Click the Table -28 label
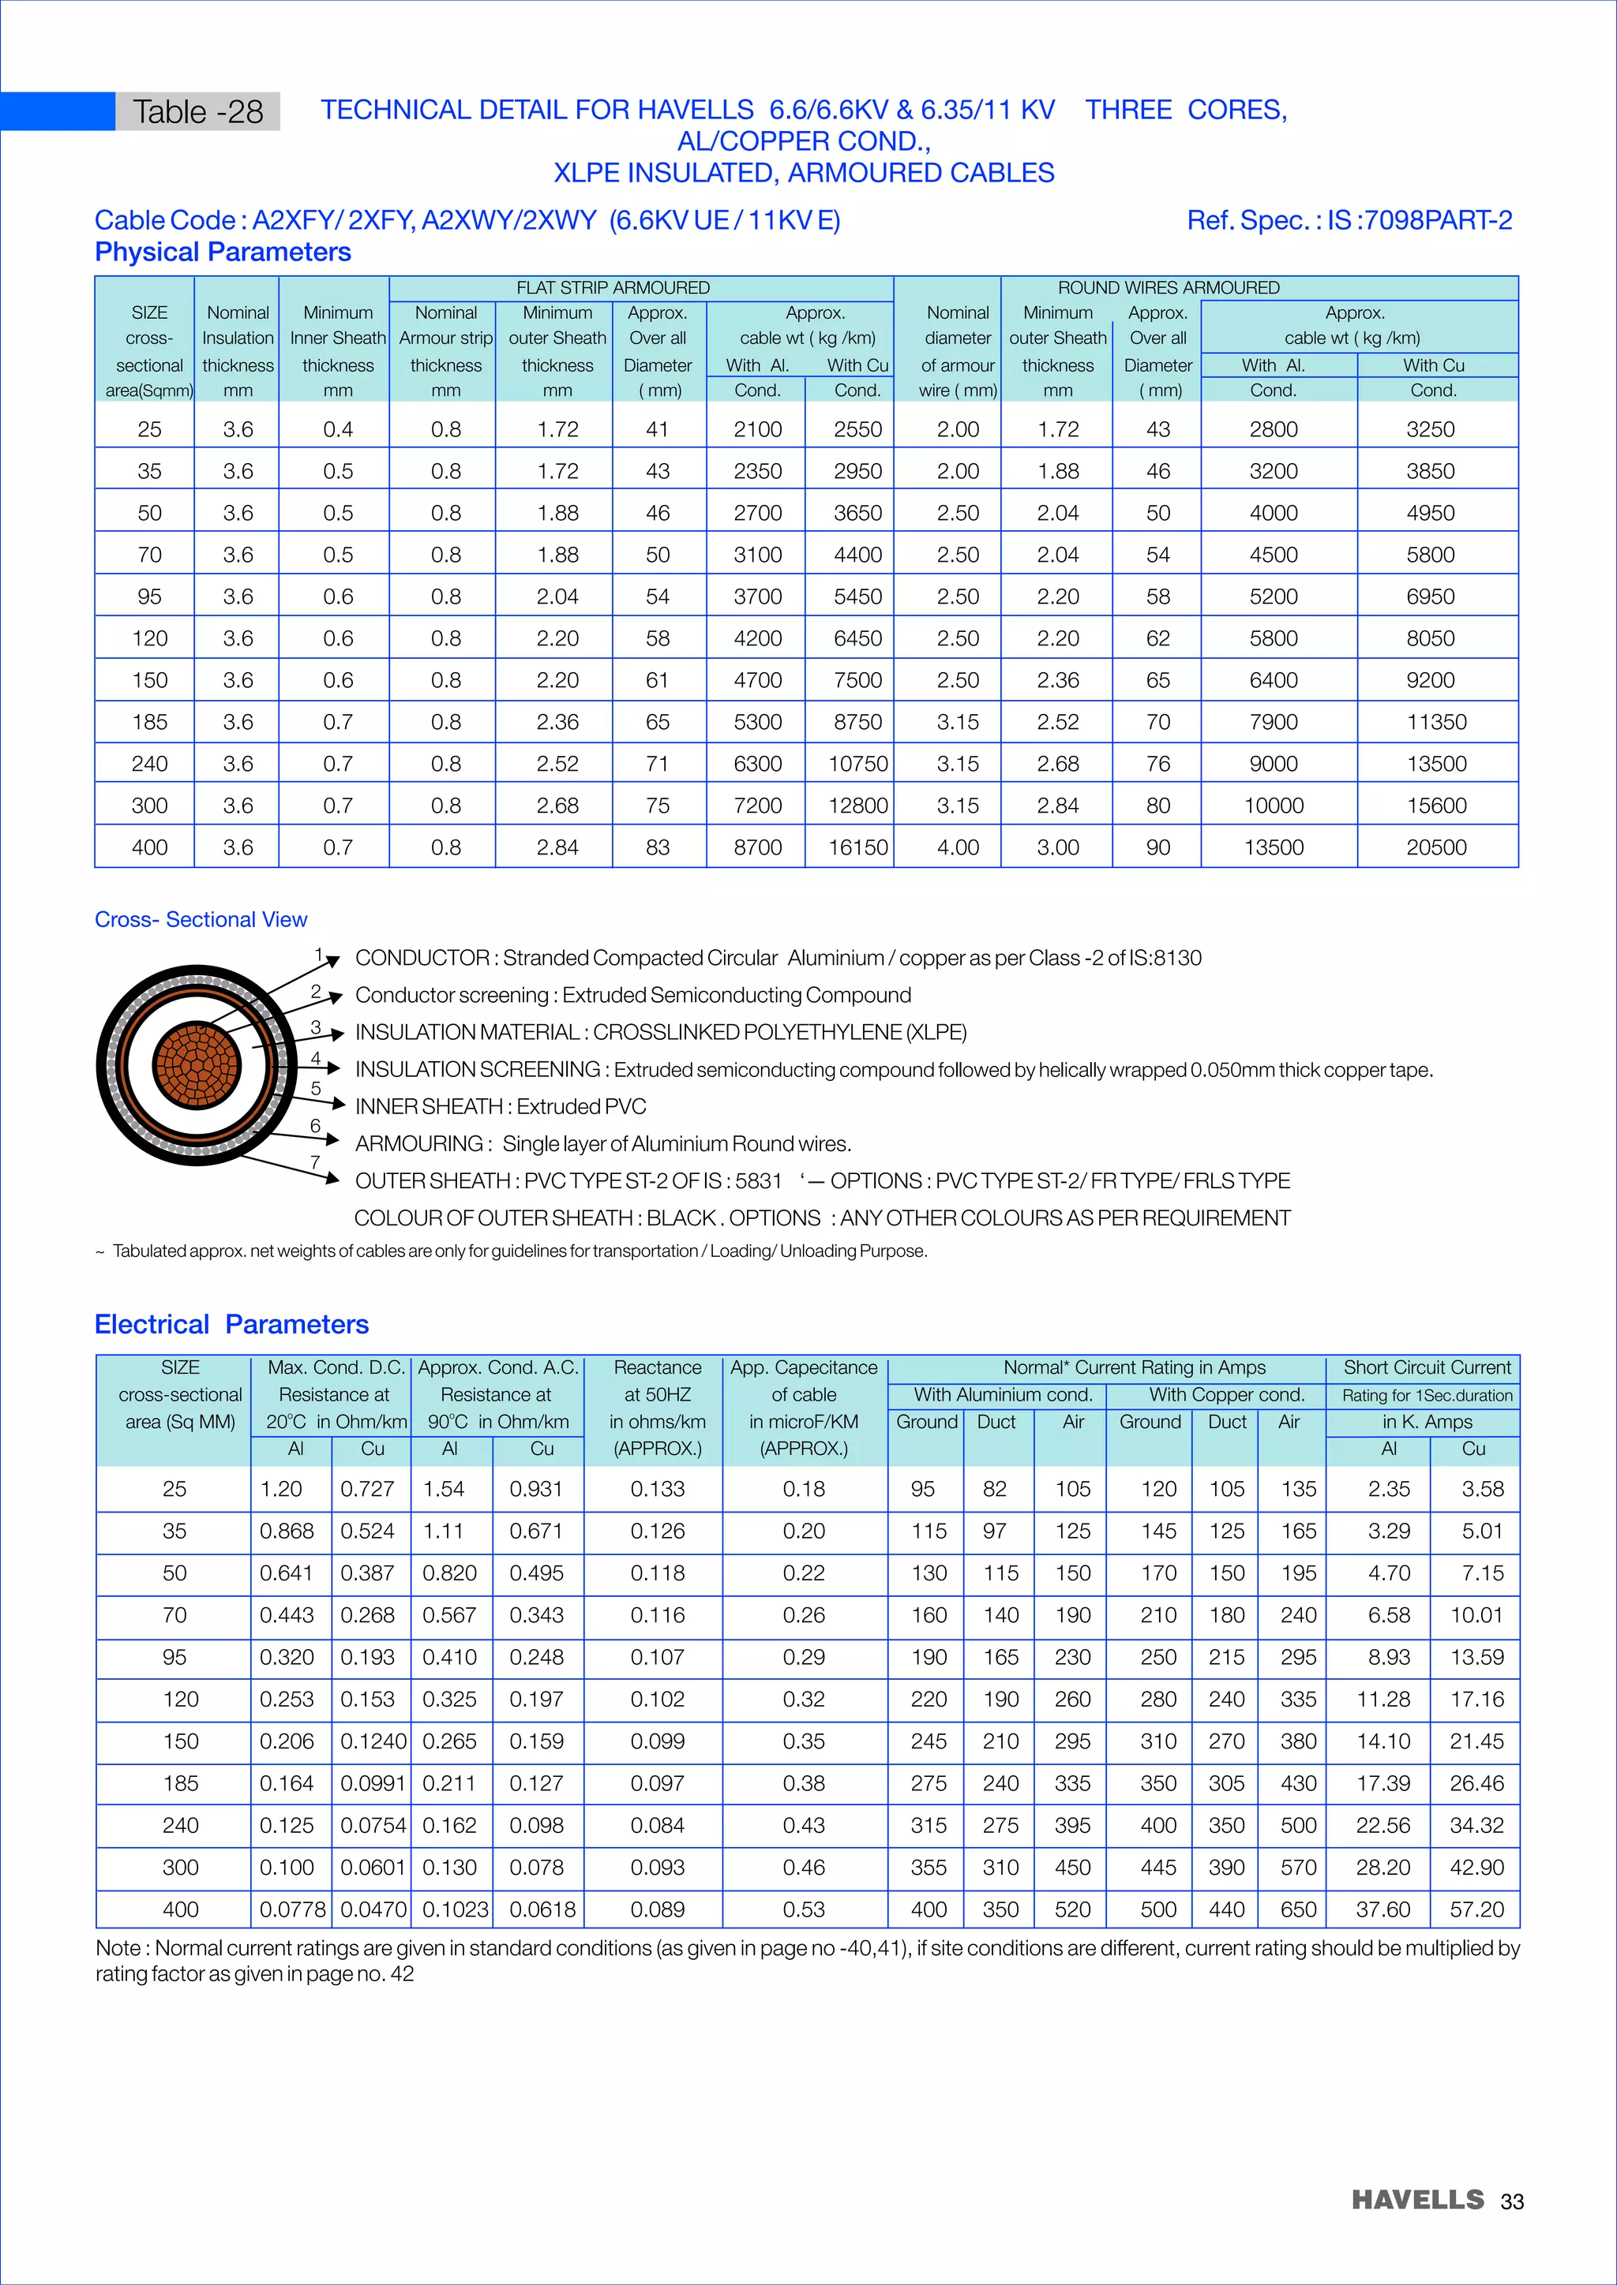point(197,111)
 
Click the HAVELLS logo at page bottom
point(1417,2200)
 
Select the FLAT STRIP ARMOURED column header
point(613,288)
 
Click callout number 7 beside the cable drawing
point(315,1162)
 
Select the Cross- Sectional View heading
point(201,919)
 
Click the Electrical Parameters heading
point(231,1325)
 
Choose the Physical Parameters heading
point(222,252)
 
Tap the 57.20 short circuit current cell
point(1476,1909)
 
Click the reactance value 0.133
point(657,1489)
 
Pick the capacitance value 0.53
point(804,1909)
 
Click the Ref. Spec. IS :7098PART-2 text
point(1349,220)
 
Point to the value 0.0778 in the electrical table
point(291,1909)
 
